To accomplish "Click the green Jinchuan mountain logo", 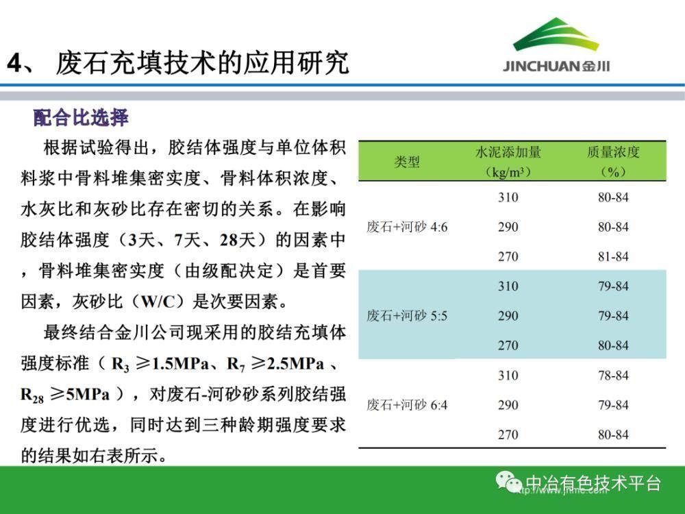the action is (x=556, y=35).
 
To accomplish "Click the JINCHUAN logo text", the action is (x=556, y=66).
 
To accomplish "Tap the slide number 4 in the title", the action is (x=14, y=63).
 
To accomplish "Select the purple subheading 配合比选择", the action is (x=81, y=118).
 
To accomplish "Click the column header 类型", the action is (x=407, y=162).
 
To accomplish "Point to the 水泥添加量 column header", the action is (x=508, y=152).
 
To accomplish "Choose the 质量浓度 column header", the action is (x=613, y=152).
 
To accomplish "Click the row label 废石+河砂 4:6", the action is (x=407, y=227).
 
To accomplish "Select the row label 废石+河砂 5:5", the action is (x=407, y=315).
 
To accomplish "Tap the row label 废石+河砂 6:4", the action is (x=407, y=405).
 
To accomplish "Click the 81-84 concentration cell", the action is (x=613, y=256).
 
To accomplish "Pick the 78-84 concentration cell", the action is (x=613, y=375).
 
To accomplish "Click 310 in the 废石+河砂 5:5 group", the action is (x=508, y=286).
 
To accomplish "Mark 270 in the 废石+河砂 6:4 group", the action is (x=508, y=435).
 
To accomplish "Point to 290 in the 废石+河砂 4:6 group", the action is (x=508, y=227).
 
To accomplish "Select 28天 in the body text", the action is (x=238, y=240).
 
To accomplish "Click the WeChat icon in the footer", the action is (x=508, y=482).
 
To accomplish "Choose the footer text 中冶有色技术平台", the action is (x=593, y=482).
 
